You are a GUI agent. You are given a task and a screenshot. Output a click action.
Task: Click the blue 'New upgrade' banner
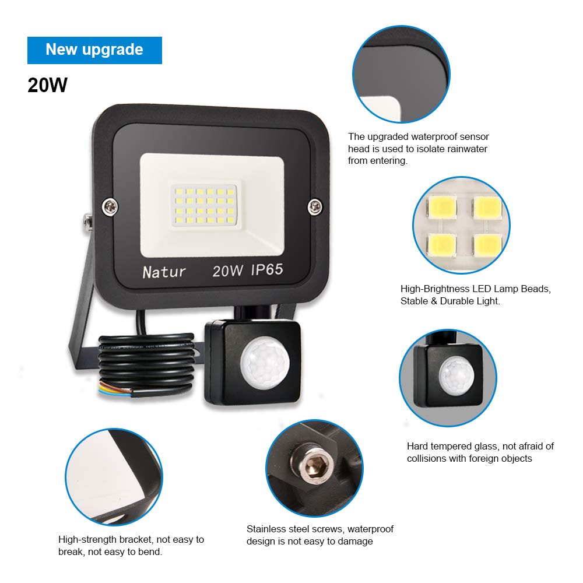tap(94, 50)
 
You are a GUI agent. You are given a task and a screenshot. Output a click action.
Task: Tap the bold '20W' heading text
tap(48, 85)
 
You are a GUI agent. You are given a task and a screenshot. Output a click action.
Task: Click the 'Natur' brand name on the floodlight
tap(164, 272)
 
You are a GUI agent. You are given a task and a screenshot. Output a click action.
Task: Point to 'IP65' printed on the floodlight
tap(267, 269)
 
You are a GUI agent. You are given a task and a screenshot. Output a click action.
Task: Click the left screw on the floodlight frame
tap(110, 207)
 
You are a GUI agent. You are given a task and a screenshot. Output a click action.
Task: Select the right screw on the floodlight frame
tap(315, 206)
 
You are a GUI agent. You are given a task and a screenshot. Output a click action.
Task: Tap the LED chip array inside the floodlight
tap(204, 205)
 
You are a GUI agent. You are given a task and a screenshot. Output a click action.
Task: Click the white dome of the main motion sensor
tap(265, 362)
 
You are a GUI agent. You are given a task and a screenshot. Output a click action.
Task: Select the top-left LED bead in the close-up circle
tap(442, 207)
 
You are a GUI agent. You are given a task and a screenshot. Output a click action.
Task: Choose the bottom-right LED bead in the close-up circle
tap(487, 245)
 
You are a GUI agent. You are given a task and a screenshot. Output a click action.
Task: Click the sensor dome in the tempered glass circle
tap(456, 375)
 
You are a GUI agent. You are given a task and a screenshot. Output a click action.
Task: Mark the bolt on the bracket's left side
tap(88, 222)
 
